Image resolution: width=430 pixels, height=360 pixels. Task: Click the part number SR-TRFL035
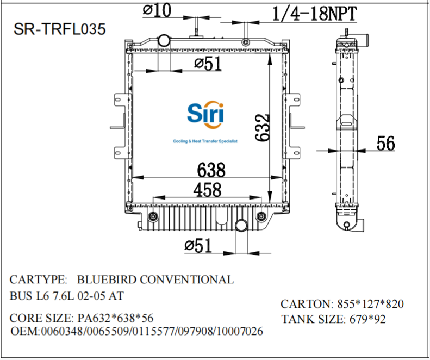59,29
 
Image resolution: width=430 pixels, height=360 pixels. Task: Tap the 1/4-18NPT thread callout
314,13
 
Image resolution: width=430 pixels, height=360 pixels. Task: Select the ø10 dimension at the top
157,9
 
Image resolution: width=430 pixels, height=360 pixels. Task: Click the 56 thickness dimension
385,143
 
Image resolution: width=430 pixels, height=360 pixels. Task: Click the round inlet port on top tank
164,40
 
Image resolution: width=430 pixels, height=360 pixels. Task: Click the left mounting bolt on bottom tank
152,218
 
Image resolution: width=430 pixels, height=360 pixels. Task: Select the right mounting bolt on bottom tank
262,218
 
